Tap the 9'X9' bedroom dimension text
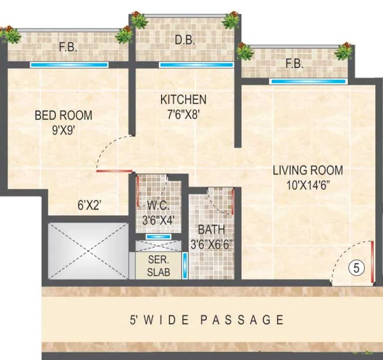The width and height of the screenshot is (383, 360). (63, 130)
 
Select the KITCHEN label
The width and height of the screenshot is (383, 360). (183, 100)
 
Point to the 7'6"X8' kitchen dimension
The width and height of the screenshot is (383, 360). (183, 115)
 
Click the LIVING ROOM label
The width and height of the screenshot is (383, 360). (307, 170)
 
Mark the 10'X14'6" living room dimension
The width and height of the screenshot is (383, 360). (307, 186)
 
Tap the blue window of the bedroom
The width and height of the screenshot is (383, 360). (69, 65)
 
